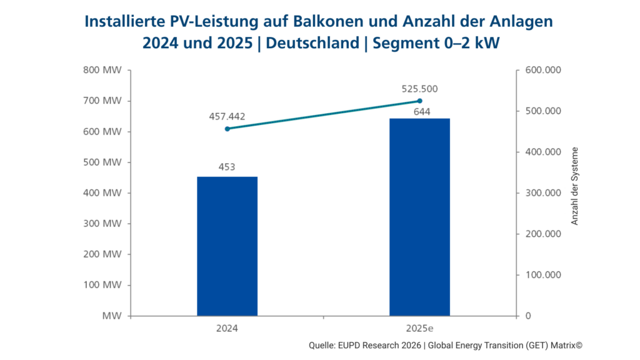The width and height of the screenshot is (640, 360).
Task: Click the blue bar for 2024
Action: click(227, 246)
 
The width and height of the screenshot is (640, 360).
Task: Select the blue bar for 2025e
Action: click(419, 217)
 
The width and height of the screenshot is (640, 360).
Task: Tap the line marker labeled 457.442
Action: click(227, 129)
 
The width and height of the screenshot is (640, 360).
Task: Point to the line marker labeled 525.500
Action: click(419, 101)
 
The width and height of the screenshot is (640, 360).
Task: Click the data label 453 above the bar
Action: click(227, 167)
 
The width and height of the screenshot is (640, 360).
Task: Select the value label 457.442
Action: click(227, 116)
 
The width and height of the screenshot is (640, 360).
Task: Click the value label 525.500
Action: click(419, 88)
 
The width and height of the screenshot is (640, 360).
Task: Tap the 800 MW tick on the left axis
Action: click(102, 70)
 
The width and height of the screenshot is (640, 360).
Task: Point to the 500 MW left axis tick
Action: click(102, 162)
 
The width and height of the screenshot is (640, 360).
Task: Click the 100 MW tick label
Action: click(102, 285)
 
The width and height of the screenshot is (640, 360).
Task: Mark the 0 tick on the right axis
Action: click(528, 316)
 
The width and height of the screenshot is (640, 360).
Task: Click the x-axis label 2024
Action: click(227, 327)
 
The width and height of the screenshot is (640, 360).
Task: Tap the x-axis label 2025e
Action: click(419, 327)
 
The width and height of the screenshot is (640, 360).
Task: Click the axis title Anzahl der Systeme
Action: click(575, 186)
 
